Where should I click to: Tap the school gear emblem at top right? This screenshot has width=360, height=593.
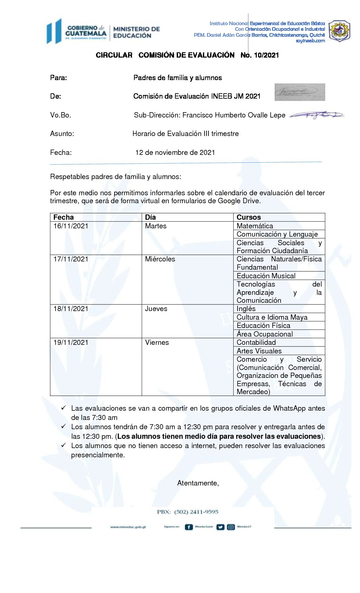339,31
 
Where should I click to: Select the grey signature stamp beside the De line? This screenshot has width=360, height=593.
300,92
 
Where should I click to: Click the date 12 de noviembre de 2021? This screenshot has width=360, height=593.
175,153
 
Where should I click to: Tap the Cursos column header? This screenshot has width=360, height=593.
249,217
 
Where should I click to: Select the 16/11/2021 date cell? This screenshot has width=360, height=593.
71,226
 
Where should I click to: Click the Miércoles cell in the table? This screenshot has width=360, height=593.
160,259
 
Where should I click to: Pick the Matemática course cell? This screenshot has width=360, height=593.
255,226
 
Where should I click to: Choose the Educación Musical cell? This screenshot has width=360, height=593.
266,276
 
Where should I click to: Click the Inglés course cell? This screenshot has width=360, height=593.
246,309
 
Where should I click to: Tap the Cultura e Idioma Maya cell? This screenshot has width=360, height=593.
272,317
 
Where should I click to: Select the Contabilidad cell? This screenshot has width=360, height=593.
256,342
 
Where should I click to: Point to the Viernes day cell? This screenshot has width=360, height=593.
157,342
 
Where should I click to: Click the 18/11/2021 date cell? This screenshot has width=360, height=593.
71,309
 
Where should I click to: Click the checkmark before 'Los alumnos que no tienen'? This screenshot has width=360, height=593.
64,445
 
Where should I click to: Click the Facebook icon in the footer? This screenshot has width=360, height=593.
189,527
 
